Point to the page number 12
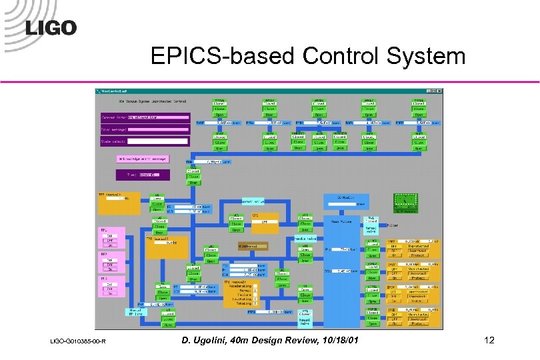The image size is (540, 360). click(489, 341)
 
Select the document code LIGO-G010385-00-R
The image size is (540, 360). click(74, 343)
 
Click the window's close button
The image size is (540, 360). click(439, 91)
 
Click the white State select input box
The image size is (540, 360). click(158, 141)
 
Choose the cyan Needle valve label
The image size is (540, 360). click(305, 237)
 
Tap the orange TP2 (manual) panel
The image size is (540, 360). click(167, 247)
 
